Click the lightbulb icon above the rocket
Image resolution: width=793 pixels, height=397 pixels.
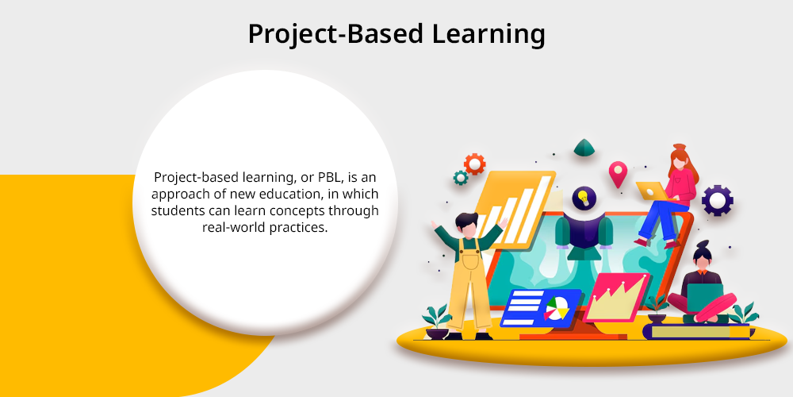(x=584, y=198)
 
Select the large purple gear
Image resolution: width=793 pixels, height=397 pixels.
(x=717, y=201)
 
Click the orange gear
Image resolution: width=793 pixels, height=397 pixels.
(x=474, y=164)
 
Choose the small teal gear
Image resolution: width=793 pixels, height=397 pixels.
(x=460, y=177)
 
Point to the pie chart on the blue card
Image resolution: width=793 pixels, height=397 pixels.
(x=557, y=308)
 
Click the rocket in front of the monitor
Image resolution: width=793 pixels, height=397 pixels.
(x=584, y=236)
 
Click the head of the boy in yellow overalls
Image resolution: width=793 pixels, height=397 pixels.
(x=467, y=225)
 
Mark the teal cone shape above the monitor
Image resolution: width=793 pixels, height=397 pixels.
(x=584, y=148)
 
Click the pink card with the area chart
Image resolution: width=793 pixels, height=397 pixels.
(x=616, y=298)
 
